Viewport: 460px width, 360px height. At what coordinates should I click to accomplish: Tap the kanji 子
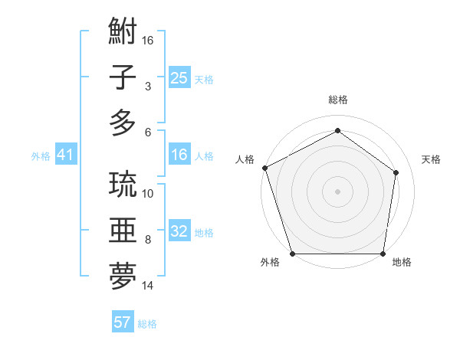pos(123,78)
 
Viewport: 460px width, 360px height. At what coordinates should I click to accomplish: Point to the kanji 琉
pos(123,185)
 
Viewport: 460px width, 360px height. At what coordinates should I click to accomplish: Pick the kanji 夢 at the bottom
pos(123,276)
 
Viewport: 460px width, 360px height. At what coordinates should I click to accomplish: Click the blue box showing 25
pos(179,78)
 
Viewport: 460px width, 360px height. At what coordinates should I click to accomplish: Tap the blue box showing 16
pos(179,155)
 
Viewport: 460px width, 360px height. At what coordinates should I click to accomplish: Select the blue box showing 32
pos(179,232)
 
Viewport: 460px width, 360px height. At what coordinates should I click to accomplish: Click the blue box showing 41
pos(65,155)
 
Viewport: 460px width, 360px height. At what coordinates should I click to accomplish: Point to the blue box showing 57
pos(123,322)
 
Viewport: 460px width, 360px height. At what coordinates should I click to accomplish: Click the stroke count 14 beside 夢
pos(148,286)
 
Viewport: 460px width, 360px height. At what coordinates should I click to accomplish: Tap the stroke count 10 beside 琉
pos(148,193)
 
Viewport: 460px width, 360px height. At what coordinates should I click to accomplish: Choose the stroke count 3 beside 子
pos(147,87)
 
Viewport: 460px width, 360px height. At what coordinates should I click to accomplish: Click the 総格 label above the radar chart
pos(338,100)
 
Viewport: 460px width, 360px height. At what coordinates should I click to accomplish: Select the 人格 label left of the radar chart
pos(245,159)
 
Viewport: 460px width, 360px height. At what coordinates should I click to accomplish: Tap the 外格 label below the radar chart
pos(270,263)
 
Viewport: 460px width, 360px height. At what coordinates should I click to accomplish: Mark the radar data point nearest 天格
pos(396,172)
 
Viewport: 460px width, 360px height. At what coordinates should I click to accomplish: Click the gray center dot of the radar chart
pos(338,191)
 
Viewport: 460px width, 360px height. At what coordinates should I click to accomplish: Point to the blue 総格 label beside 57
pos(147,324)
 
